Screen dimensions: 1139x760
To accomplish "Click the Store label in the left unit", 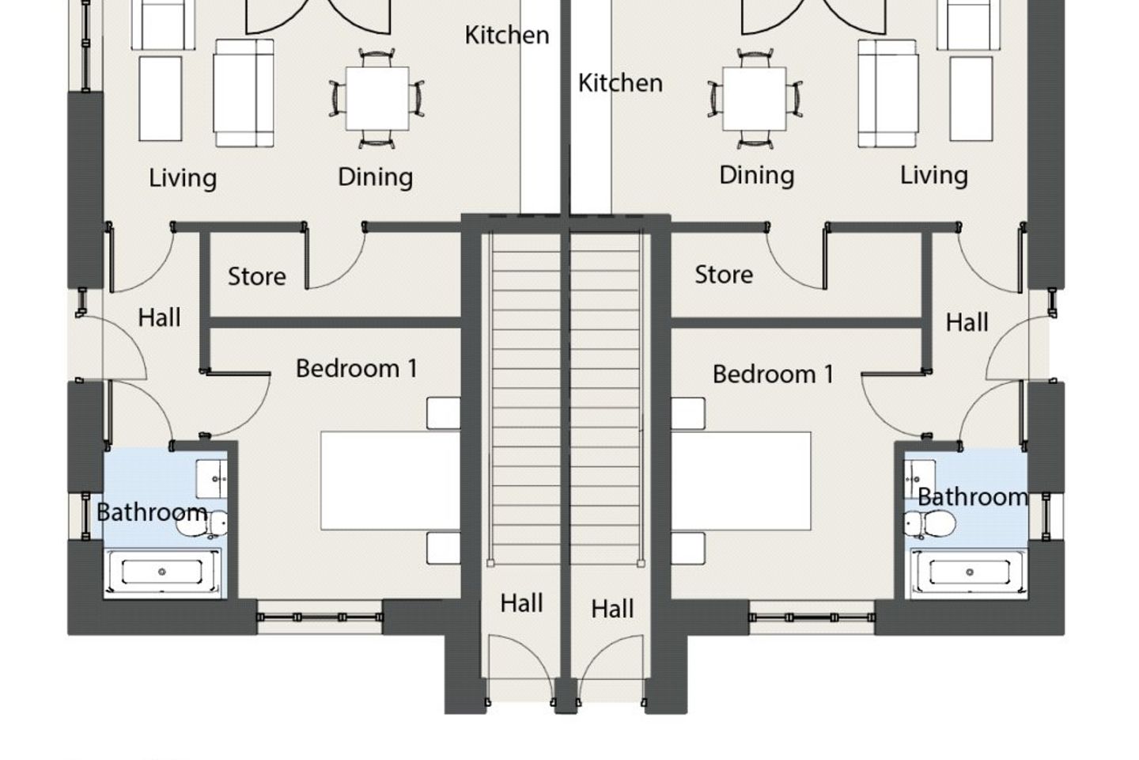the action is [257, 276].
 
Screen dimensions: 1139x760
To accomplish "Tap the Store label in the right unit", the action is [724, 275].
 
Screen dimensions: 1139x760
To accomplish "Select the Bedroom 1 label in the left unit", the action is [357, 368].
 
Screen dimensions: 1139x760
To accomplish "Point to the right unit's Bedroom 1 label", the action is [773, 374].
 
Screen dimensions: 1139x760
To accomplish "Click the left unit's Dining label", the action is [375, 177].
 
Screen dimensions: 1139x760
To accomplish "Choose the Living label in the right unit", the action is [934, 175].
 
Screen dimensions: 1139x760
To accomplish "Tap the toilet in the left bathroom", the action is [202, 524].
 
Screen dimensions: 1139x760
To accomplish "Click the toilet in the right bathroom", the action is [930, 524].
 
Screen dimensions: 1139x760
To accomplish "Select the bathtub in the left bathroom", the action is [162, 572].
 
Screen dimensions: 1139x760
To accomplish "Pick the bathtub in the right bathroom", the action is [969, 572].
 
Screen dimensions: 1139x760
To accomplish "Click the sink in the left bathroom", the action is [211, 479].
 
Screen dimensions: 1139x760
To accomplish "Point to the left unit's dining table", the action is [377, 98].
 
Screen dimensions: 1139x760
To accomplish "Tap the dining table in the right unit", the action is [755, 98].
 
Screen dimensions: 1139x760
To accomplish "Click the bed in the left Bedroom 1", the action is [391, 481].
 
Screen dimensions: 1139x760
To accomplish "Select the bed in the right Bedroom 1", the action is [741, 481].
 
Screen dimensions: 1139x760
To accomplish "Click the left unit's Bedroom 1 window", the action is [320, 617].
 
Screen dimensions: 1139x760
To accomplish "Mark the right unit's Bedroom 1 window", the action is [812, 617].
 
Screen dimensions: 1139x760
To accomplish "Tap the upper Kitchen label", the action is [507, 35].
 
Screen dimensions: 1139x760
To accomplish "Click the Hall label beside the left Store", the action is [159, 317].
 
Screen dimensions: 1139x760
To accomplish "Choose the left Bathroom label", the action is [152, 512].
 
